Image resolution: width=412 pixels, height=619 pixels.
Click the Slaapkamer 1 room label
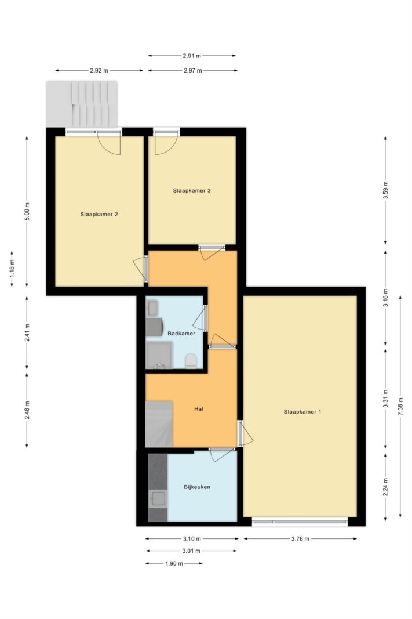click(302, 412)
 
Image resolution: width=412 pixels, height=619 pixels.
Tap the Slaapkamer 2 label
click(99, 215)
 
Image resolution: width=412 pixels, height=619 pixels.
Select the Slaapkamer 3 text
click(192, 190)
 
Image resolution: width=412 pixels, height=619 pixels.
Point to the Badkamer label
click(181, 333)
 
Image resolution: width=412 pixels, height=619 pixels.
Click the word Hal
click(199, 409)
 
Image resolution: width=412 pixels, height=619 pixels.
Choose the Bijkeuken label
click(197, 487)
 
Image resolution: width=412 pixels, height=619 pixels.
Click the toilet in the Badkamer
click(191, 361)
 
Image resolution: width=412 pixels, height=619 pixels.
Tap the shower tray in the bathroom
click(159, 355)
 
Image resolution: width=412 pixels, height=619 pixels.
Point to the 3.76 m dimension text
click(300, 538)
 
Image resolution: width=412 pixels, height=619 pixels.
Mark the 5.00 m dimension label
click(27, 212)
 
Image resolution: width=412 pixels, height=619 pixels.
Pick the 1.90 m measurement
click(174, 563)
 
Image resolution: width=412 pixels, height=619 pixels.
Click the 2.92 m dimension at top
click(99, 71)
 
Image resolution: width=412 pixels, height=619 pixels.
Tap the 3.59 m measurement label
click(385, 190)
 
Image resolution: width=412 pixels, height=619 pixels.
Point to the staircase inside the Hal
click(159, 424)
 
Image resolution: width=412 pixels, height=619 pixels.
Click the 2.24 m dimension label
click(385, 487)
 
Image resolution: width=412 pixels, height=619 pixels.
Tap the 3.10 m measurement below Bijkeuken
click(192, 538)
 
